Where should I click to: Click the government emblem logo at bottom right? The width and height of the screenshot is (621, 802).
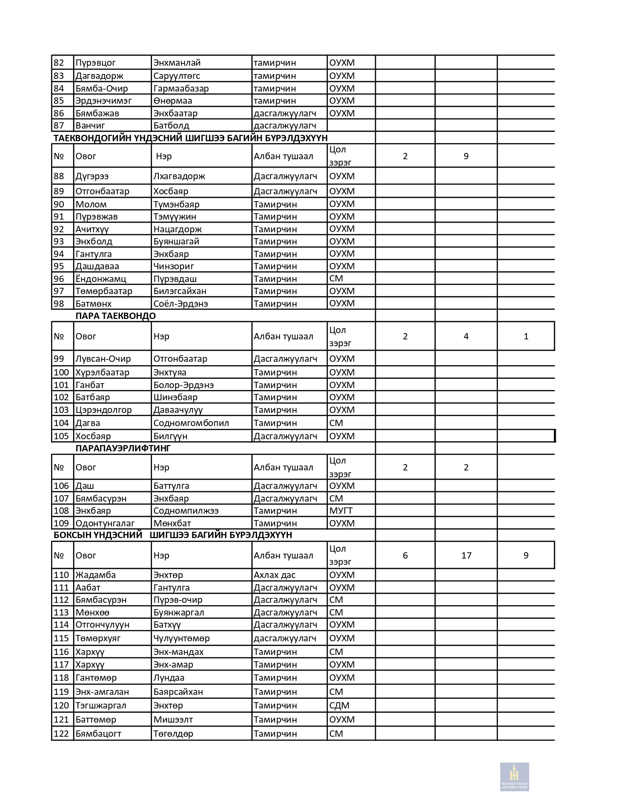pos(514,777)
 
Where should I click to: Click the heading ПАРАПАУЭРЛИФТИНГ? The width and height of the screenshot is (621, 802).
pos(123,448)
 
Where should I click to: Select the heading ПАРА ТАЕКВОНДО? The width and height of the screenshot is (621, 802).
pos(115,316)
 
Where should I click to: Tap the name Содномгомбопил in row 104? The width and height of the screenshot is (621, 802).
pos(191,423)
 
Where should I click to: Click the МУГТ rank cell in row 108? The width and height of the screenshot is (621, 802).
pos(340,510)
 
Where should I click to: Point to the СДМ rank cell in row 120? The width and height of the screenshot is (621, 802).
pos(339,705)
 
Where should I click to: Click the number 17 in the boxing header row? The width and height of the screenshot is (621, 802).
pos(466,555)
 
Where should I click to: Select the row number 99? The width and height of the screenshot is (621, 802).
pos(59,358)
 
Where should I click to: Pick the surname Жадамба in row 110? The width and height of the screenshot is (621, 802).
pos(95,575)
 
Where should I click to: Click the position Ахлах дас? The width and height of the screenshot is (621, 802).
pos(275,575)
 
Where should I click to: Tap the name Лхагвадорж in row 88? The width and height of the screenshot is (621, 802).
pos(179,176)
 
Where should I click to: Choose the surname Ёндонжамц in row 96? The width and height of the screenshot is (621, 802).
pos(101,279)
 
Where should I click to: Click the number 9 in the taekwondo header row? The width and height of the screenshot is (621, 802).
pos(466,156)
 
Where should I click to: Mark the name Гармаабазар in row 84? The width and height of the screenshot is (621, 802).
pos(181,88)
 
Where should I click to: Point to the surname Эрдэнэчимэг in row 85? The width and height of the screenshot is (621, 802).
pos(103,100)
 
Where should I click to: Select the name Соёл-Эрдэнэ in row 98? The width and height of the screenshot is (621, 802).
pos(181,303)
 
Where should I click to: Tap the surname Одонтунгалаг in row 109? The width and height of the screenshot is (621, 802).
pos(105,523)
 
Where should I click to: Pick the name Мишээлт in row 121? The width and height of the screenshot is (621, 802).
pos(173,719)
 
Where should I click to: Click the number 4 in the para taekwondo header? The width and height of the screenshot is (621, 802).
pos(466,336)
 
